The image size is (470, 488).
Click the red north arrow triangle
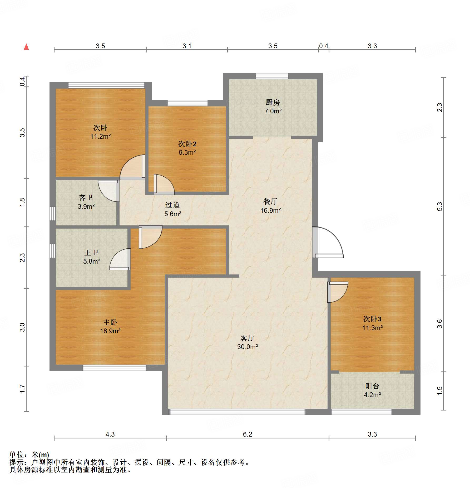tap(26, 47)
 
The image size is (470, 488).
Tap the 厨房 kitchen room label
tap(273, 102)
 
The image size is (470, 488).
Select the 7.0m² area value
tap(273, 111)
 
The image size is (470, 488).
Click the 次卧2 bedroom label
tap(187, 144)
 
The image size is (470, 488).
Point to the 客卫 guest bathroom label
tap(86, 198)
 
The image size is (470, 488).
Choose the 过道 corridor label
tap(172, 205)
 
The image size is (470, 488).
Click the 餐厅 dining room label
tap(270, 201)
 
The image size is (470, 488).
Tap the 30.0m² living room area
tap(248, 347)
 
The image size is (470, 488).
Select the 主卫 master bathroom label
tap(91, 253)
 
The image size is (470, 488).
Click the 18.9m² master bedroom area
tap(110, 331)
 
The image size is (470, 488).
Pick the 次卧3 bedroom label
tap(372, 319)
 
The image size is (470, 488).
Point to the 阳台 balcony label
tap(372, 386)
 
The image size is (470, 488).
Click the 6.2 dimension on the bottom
tap(248, 434)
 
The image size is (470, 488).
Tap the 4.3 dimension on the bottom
tap(110, 434)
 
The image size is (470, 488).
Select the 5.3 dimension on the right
tap(439, 206)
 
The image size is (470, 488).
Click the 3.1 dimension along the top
tap(187, 46)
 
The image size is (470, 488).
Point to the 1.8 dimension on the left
tap(22, 202)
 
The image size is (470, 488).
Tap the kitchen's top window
tap(272, 76)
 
